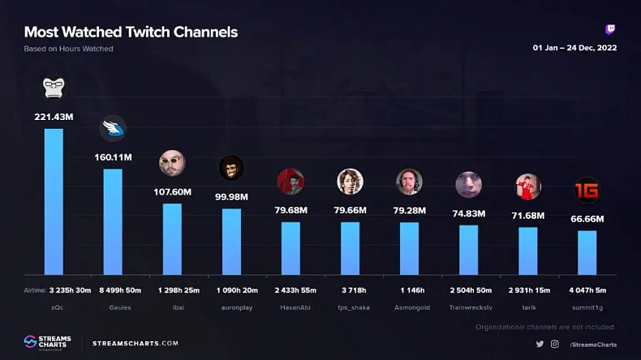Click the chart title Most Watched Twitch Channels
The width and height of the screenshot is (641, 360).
pos(131,32)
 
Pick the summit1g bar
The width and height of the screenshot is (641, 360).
pos(587,252)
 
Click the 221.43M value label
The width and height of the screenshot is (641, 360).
pos(54,117)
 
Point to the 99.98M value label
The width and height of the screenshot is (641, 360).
pos(231,197)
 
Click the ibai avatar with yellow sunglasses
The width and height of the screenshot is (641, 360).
pos(172,163)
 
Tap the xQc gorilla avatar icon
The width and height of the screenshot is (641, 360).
pos(54,88)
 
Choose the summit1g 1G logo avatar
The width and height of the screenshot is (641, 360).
pos(587,190)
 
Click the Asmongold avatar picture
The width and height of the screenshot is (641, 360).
pos(409,182)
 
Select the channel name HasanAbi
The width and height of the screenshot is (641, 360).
pos(290,308)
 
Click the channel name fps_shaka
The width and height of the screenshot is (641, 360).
pos(350,308)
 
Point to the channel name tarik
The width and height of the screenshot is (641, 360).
pos(528,308)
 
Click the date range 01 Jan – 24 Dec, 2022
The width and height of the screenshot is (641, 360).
pos(574,48)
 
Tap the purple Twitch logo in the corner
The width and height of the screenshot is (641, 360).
pos(610,30)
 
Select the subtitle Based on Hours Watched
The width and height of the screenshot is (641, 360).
pos(69,49)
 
